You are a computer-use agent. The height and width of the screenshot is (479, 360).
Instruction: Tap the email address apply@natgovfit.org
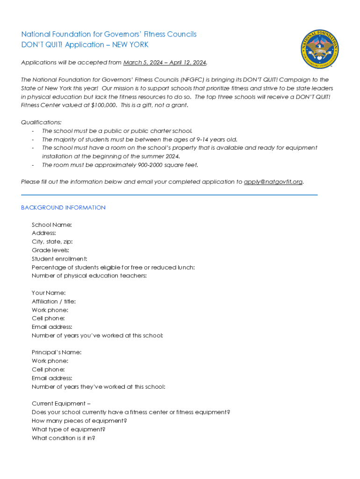(x=274, y=181)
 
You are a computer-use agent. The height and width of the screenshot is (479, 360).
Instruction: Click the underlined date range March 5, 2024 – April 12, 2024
(x=165, y=63)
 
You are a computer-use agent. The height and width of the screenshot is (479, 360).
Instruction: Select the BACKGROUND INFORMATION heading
(x=63, y=208)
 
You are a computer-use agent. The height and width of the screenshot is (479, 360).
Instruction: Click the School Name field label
(x=51, y=225)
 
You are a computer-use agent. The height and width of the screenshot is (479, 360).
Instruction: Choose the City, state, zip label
(x=52, y=242)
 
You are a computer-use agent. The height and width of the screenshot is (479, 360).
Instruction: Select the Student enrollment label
(x=59, y=259)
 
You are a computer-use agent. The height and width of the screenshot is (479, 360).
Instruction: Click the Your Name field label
(x=49, y=293)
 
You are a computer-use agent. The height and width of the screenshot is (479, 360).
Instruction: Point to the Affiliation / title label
(x=54, y=302)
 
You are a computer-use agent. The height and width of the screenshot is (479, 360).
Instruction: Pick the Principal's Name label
(x=57, y=352)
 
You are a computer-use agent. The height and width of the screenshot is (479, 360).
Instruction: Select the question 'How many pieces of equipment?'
(x=79, y=421)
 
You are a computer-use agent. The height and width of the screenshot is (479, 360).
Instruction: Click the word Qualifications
(x=41, y=122)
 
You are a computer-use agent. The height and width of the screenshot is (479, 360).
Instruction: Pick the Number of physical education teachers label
(x=89, y=276)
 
